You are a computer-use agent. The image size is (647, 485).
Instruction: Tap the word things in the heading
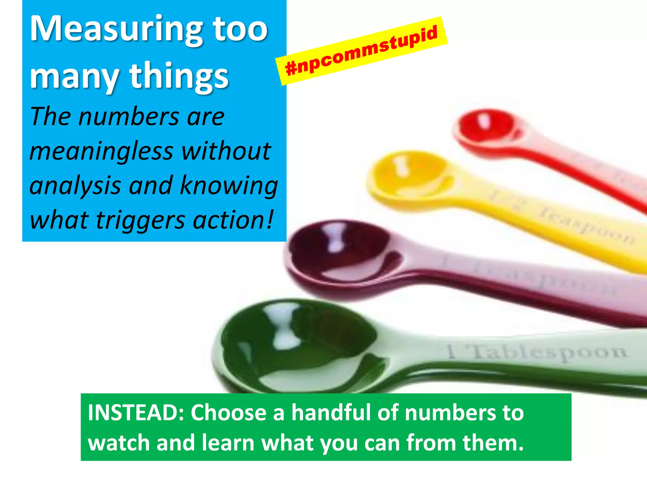pos(179,77)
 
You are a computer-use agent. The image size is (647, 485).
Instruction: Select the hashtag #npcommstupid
pos(361,51)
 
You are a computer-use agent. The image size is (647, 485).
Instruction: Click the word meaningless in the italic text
pos(101,151)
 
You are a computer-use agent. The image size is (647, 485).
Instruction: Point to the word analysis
pos(75,186)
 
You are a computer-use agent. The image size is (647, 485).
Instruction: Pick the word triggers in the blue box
pos(140,220)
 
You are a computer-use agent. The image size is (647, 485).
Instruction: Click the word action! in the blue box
pos(233,220)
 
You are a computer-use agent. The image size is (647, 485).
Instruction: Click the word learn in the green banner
pos(228,442)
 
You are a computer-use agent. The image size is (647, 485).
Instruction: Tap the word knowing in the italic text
pos(229,186)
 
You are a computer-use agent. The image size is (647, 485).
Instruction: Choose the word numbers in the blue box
pos(129,117)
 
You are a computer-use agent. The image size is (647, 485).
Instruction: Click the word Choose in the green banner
pos(228,412)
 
